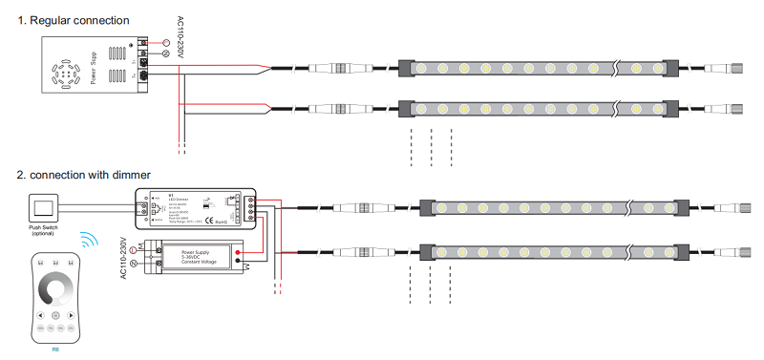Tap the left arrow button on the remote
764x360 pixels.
[39, 314]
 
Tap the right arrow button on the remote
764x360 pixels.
[73, 314]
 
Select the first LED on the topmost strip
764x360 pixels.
[421, 69]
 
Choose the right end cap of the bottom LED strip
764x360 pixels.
[682, 253]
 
